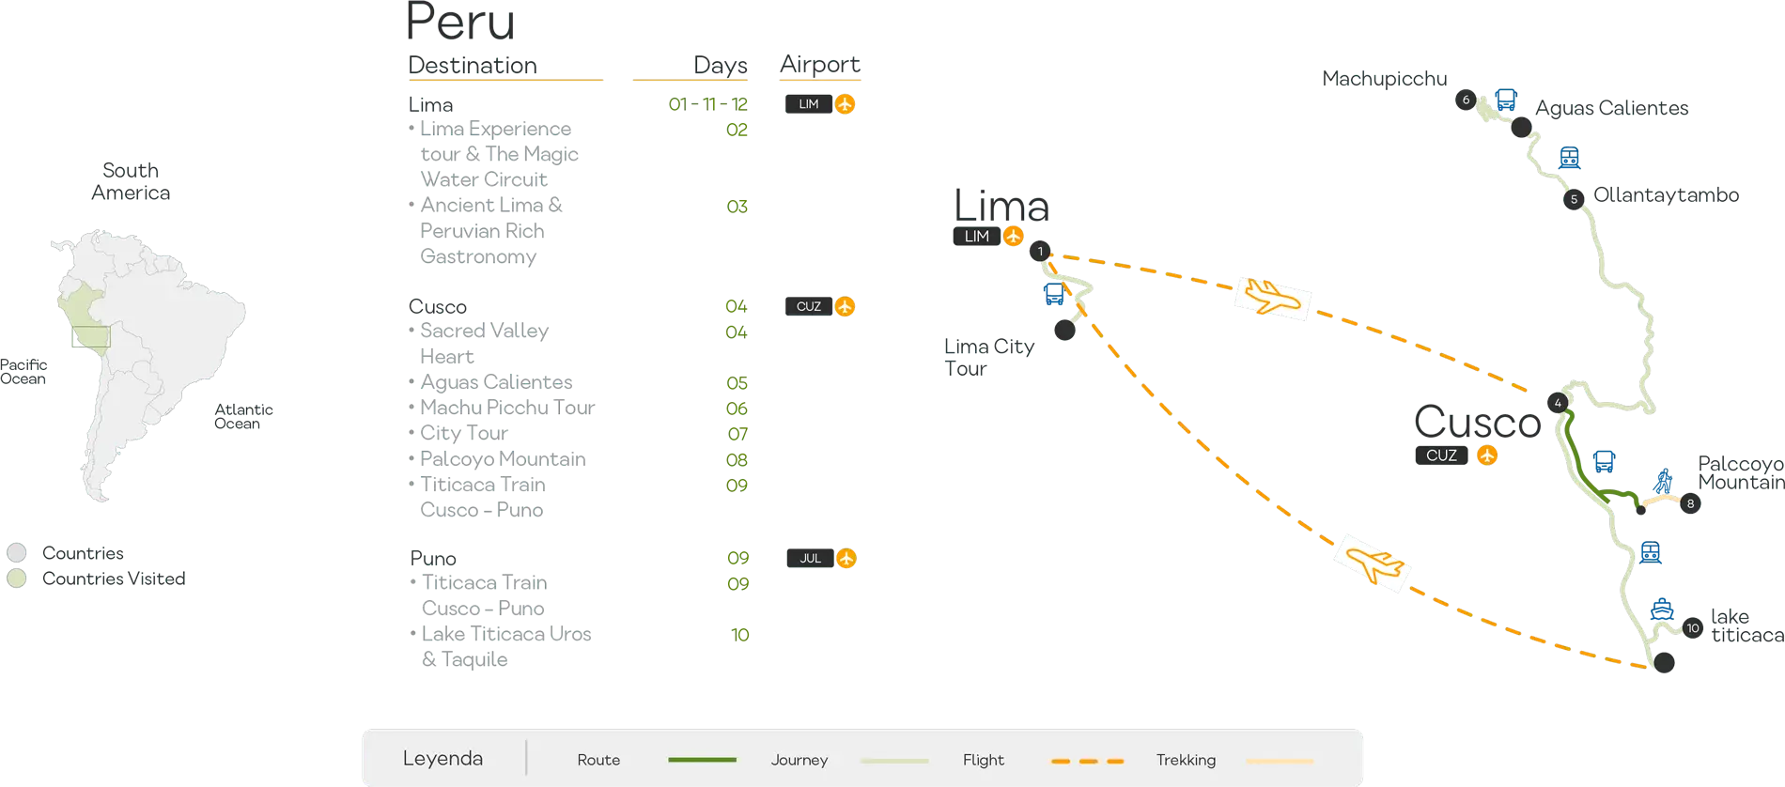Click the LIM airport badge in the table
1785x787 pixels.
tap(819, 104)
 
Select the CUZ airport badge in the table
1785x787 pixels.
tap(819, 306)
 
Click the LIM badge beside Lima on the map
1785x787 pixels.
tap(987, 237)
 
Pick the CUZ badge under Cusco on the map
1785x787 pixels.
tap(1455, 455)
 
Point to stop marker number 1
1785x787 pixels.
tap(1040, 252)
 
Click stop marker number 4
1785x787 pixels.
tap(1558, 403)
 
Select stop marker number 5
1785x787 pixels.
tap(1574, 199)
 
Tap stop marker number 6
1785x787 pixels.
tap(1466, 100)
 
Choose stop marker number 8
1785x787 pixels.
tap(1690, 504)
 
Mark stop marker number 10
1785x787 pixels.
tap(1693, 628)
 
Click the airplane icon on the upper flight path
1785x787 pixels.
tap(1272, 299)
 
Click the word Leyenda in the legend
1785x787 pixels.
tap(442, 759)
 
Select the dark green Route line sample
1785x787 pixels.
tap(702, 760)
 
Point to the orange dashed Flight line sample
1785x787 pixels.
tap(1087, 760)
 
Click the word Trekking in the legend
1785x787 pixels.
tap(1186, 760)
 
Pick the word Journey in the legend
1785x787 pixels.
tap(799, 760)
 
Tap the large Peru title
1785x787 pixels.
tap(461, 23)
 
